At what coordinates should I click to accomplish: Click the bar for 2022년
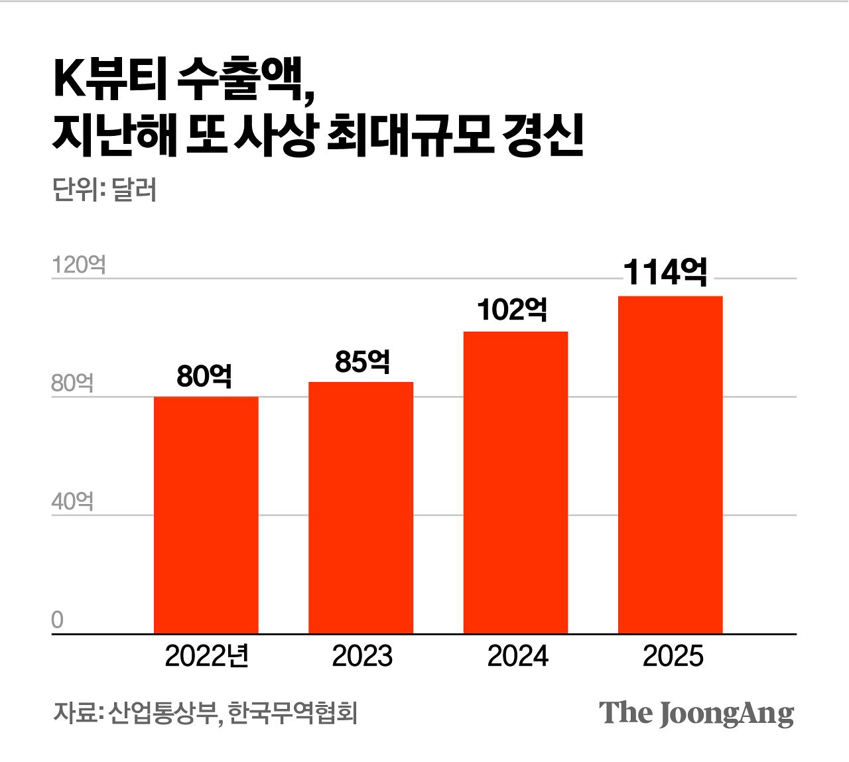coord(206,515)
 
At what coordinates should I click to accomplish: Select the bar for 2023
coord(361,508)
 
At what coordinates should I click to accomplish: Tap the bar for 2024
coord(515,483)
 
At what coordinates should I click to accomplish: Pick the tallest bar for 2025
coord(670,465)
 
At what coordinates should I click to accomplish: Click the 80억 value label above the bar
coord(204,376)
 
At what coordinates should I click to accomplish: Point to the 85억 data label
coord(362,361)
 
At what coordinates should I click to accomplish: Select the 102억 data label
coord(512,310)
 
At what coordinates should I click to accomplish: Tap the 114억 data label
coord(665,272)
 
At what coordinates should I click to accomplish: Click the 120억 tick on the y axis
coord(78,265)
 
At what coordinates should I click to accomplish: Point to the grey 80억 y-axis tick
coord(72,383)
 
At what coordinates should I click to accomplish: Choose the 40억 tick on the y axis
coord(72,502)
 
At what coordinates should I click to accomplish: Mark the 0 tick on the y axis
coord(58,620)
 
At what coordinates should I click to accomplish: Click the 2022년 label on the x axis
coord(206,657)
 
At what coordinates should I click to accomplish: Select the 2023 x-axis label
coord(362,657)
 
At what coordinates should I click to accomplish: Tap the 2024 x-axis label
coord(517,657)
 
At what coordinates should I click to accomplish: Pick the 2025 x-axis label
coord(673,657)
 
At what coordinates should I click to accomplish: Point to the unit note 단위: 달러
coord(104,190)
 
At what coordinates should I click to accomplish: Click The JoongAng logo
coord(696,714)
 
